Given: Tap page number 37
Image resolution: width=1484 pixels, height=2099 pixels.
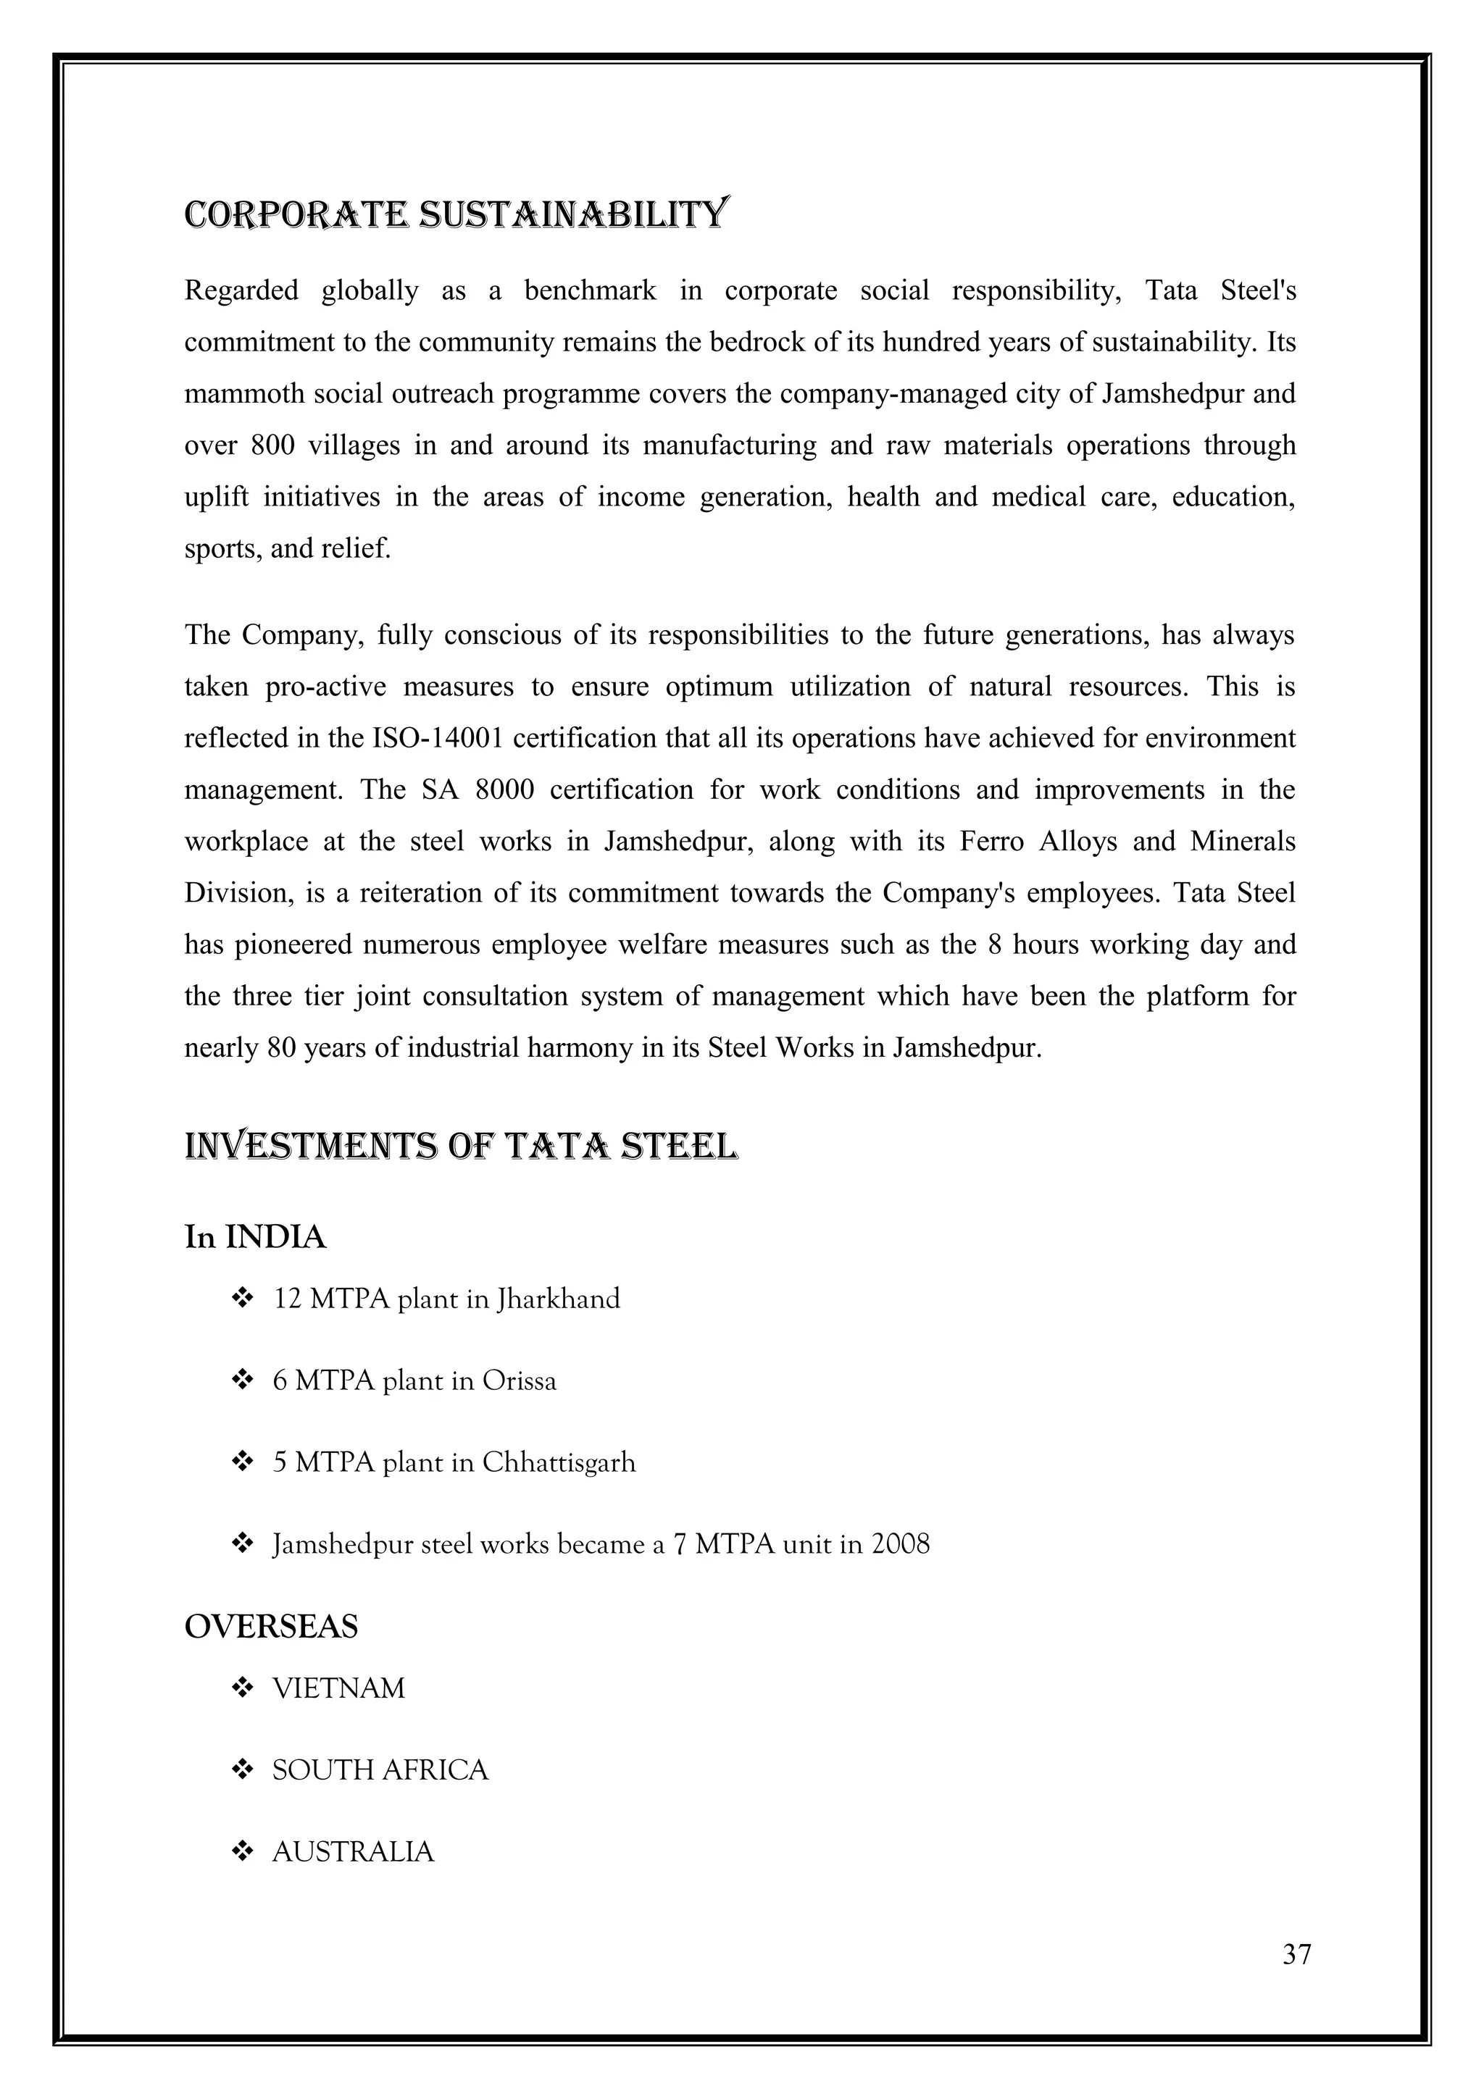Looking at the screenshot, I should pyautogui.click(x=1296, y=1955).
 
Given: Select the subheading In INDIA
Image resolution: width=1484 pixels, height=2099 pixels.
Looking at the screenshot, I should pyautogui.click(x=255, y=1237).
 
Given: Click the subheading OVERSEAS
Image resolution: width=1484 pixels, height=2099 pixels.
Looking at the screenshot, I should pyautogui.click(x=272, y=1626).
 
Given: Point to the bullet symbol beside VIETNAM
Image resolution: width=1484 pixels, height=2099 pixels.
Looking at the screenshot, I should pyautogui.click(x=242, y=1688).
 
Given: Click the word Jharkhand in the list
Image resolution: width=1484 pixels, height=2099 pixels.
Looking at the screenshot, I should pyautogui.click(x=558, y=1299).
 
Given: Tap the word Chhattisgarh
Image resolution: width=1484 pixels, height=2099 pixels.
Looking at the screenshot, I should pyautogui.click(x=558, y=1463).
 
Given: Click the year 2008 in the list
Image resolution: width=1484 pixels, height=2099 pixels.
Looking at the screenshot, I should pyautogui.click(x=900, y=1545).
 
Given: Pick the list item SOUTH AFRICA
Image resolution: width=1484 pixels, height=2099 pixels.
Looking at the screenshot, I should pyautogui.click(x=380, y=1771).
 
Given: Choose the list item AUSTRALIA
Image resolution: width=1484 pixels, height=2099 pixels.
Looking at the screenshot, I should pyautogui.click(x=353, y=1852).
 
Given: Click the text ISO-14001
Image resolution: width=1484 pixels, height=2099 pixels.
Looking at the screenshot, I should pyautogui.click(x=438, y=739).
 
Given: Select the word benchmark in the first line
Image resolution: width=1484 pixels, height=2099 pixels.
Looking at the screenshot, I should pyautogui.click(x=590, y=290).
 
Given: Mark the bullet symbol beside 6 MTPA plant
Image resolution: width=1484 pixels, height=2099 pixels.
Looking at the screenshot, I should pyautogui.click(x=242, y=1381).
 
